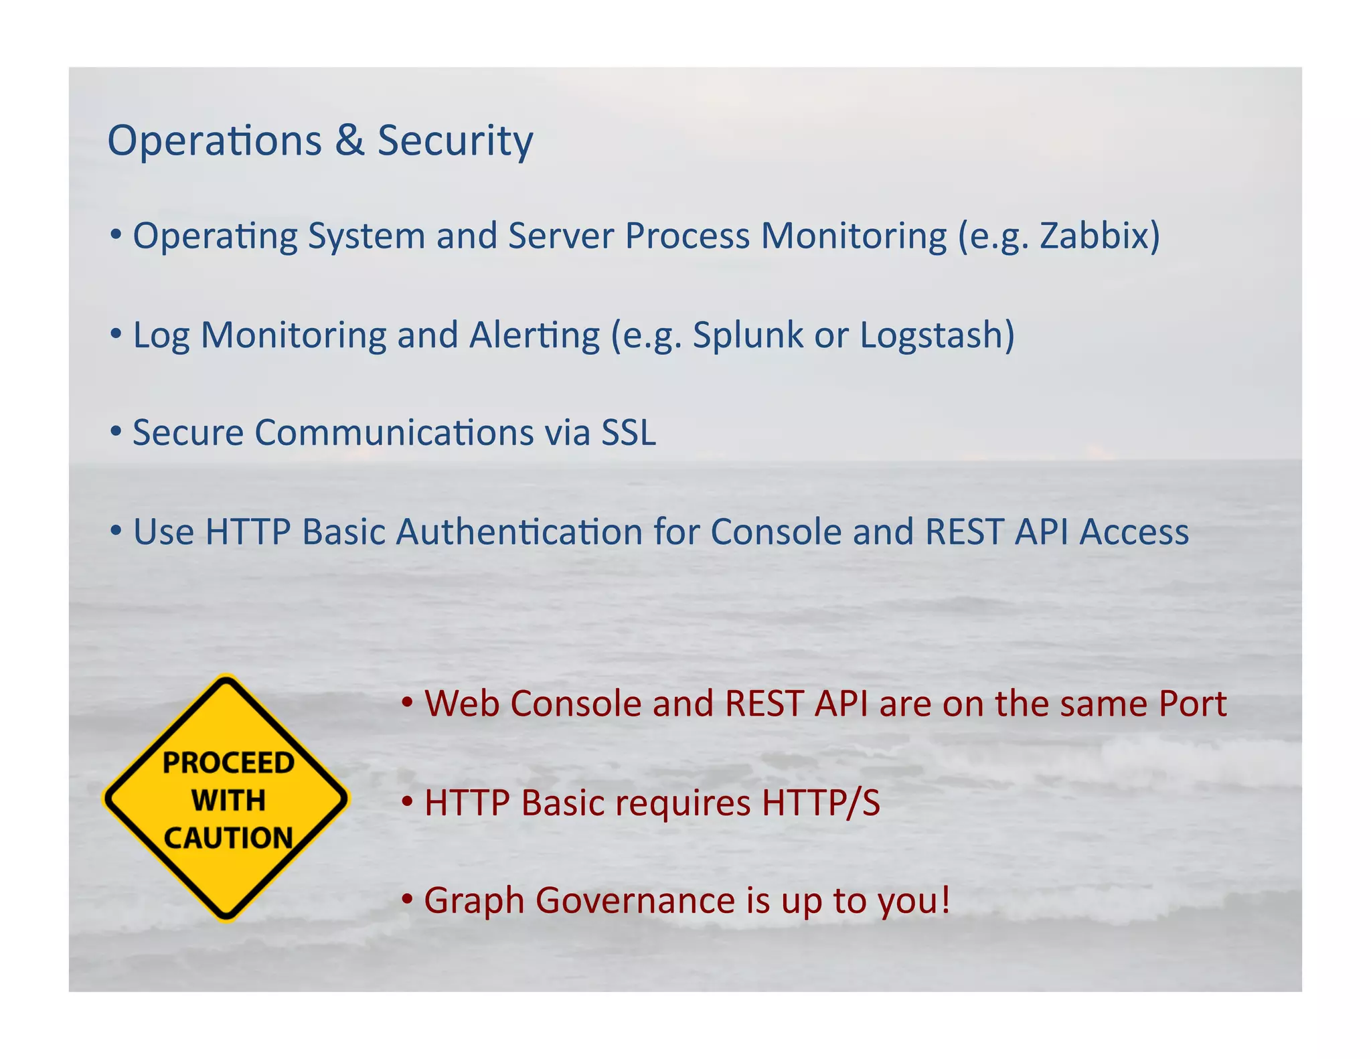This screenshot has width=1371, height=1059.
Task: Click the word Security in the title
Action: point(455,141)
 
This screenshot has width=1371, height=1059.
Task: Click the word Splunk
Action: point(747,335)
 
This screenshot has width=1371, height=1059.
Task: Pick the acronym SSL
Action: point(628,432)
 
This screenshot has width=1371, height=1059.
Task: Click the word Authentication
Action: point(519,532)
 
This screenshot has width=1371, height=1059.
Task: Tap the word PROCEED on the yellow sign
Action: point(228,762)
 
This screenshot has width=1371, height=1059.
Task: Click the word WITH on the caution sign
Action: point(228,801)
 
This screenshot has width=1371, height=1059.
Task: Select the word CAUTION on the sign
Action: point(228,838)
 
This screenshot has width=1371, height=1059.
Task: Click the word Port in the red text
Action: point(1192,704)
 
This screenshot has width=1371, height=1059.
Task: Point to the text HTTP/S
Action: point(820,803)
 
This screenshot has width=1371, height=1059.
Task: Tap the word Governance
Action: point(635,900)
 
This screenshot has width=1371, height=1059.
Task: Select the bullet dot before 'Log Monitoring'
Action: point(116,333)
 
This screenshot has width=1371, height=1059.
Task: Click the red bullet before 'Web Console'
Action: point(407,702)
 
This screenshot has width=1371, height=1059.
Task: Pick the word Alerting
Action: point(534,335)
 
